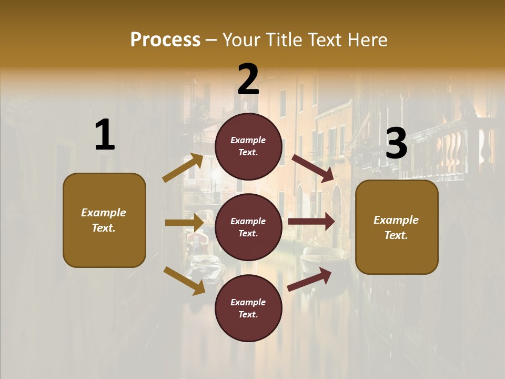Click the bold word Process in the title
point(165,39)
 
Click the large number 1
point(105,135)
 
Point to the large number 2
point(248,79)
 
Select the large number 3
point(397,143)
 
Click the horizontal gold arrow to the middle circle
point(184,223)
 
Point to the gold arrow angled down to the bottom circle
point(184,281)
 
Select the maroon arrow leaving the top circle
point(313,168)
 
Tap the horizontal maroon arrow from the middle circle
point(311,222)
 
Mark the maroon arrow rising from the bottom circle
point(310,279)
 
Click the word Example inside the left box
point(104,213)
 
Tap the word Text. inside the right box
point(396,235)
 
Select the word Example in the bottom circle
point(248,302)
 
